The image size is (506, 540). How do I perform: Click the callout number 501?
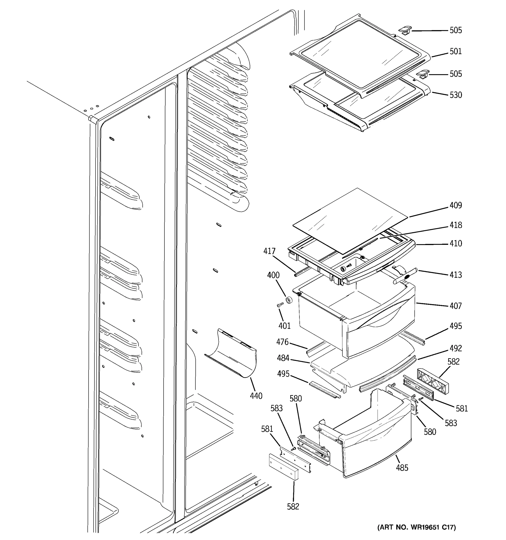click(x=455, y=51)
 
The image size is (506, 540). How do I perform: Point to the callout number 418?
click(x=455, y=225)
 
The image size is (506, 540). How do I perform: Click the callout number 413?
click(x=455, y=275)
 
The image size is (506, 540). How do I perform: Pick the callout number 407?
click(x=455, y=306)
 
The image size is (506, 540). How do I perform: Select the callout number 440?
click(x=256, y=396)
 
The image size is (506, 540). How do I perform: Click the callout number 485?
click(x=402, y=468)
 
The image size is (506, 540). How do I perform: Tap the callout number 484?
click(x=283, y=358)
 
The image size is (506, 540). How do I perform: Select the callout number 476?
click(x=282, y=342)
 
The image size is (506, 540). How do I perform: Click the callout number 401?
click(x=284, y=325)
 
